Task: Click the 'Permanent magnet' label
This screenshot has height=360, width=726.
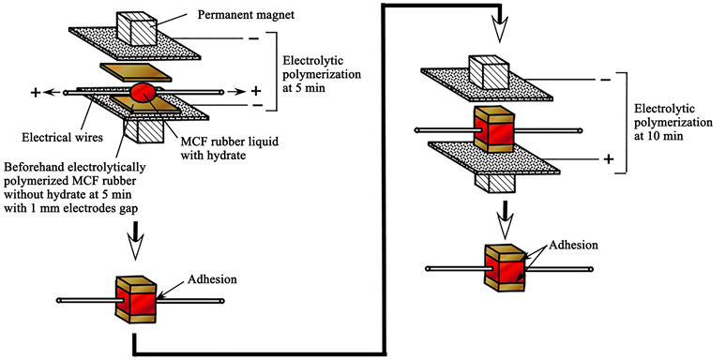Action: pos(247,15)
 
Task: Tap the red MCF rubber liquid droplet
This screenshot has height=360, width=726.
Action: pos(143,93)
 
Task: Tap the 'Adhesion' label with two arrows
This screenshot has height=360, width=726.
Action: pos(573,245)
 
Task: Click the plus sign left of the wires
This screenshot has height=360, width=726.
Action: pos(35,93)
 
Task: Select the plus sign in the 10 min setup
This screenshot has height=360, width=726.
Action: pos(609,159)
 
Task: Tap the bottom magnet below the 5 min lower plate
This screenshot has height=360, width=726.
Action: pos(144,131)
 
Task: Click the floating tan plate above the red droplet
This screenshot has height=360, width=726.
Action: pos(136,72)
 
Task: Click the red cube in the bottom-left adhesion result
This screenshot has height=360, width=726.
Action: pos(137,301)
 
